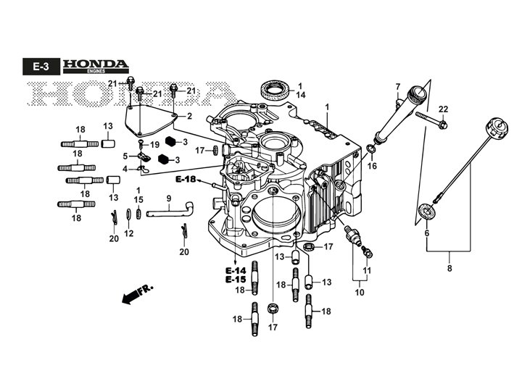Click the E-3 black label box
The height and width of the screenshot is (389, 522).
tap(41, 67)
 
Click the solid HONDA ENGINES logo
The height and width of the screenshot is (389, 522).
tap(96, 66)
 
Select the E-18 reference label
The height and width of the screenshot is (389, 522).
tap(186, 180)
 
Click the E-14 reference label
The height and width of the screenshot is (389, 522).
tap(236, 270)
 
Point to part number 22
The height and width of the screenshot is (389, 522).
tap(444, 109)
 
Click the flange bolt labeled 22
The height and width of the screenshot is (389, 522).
tap(431, 120)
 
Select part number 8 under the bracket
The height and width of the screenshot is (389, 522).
tap(449, 268)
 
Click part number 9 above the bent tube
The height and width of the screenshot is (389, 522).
tap(169, 198)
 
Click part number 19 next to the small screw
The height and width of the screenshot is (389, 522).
tap(155, 145)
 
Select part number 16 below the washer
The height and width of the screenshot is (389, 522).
tap(372, 165)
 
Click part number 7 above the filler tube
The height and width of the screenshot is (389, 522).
tap(398, 87)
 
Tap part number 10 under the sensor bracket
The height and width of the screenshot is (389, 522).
tap(360, 292)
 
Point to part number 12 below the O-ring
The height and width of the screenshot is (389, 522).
tap(129, 233)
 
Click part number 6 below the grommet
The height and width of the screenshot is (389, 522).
tap(427, 233)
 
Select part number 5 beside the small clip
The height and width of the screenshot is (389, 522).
tap(125, 156)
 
